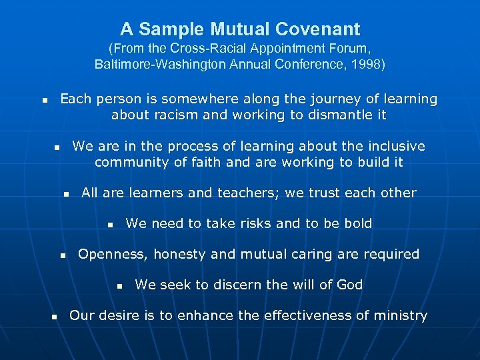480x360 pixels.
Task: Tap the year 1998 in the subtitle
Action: coord(369,65)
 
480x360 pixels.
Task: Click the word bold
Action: coord(357,223)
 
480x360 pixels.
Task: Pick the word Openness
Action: coord(113,254)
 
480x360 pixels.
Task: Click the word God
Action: coord(349,285)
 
